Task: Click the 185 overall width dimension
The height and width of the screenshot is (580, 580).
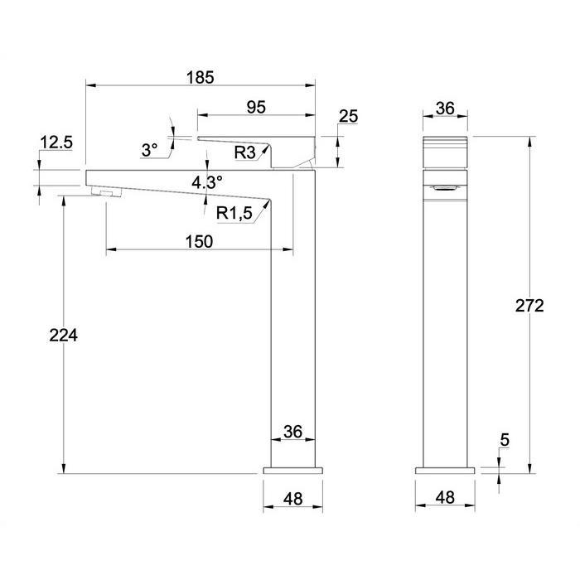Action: (x=201, y=78)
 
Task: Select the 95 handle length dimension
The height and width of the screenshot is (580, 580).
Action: (x=256, y=107)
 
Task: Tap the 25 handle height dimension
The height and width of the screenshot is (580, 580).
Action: (x=349, y=116)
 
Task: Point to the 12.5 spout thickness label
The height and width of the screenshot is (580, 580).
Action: (x=56, y=143)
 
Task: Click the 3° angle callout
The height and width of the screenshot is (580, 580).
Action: (x=149, y=150)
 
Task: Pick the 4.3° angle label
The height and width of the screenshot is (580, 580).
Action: (x=207, y=182)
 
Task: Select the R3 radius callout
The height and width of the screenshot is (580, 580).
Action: (x=245, y=152)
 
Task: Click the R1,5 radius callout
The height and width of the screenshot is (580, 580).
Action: (x=234, y=213)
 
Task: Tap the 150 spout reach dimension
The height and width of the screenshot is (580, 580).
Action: (x=199, y=242)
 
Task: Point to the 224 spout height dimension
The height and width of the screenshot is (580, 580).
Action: (x=64, y=336)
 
